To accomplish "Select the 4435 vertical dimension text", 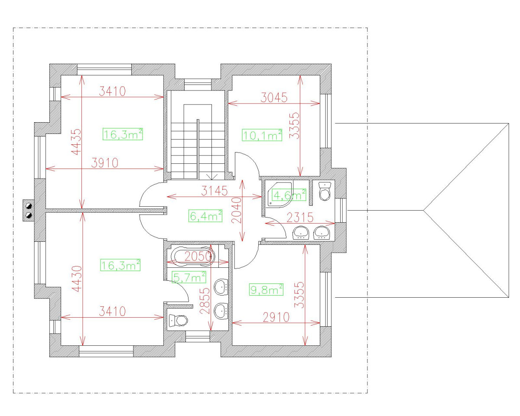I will pos(77,142).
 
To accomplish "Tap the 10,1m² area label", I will pos(262,135).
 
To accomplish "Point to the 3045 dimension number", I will pos(274,97).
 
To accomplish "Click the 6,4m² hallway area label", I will pos(206,215).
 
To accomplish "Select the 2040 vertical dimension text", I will pos(236,211).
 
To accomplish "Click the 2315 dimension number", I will pos(299,218).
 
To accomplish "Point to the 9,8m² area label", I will pos(266,289).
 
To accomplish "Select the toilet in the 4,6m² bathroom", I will pos(325,191).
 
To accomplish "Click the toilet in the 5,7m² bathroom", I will pos(178,320).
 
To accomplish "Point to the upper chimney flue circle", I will pos(29,205).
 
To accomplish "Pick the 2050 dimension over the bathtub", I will pos(198,257).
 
